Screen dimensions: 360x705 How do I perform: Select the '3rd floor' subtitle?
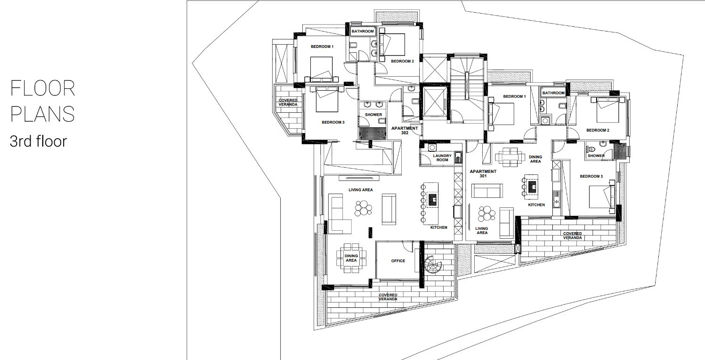pyautogui.click(x=37, y=141)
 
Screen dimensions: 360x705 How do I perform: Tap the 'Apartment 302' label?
pyautogui.click(x=404, y=132)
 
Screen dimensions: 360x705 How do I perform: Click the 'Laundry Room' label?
pyautogui.click(x=437, y=158)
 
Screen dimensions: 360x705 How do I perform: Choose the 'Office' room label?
pyautogui.click(x=397, y=260)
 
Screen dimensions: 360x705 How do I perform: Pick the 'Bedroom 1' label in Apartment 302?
pyautogui.click(x=321, y=47)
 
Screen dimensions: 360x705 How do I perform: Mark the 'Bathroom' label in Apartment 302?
pyautogui.click(x=362, y=31)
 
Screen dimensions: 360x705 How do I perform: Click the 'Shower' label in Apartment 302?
pyautogui.click(x=373, y=115)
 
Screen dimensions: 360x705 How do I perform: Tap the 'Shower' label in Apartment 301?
pyautogui.click(x=596, y=156)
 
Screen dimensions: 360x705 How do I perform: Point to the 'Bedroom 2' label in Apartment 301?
pyautogui.click(x=597, y=130)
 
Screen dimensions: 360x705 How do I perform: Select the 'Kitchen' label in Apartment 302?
pyautogui.click(x=438, y=228)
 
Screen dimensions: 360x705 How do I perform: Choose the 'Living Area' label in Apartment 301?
pyautogui.click(x=482, y=233)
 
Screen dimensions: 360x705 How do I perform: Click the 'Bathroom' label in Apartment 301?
pyautogui.click(x=553, y=92)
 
